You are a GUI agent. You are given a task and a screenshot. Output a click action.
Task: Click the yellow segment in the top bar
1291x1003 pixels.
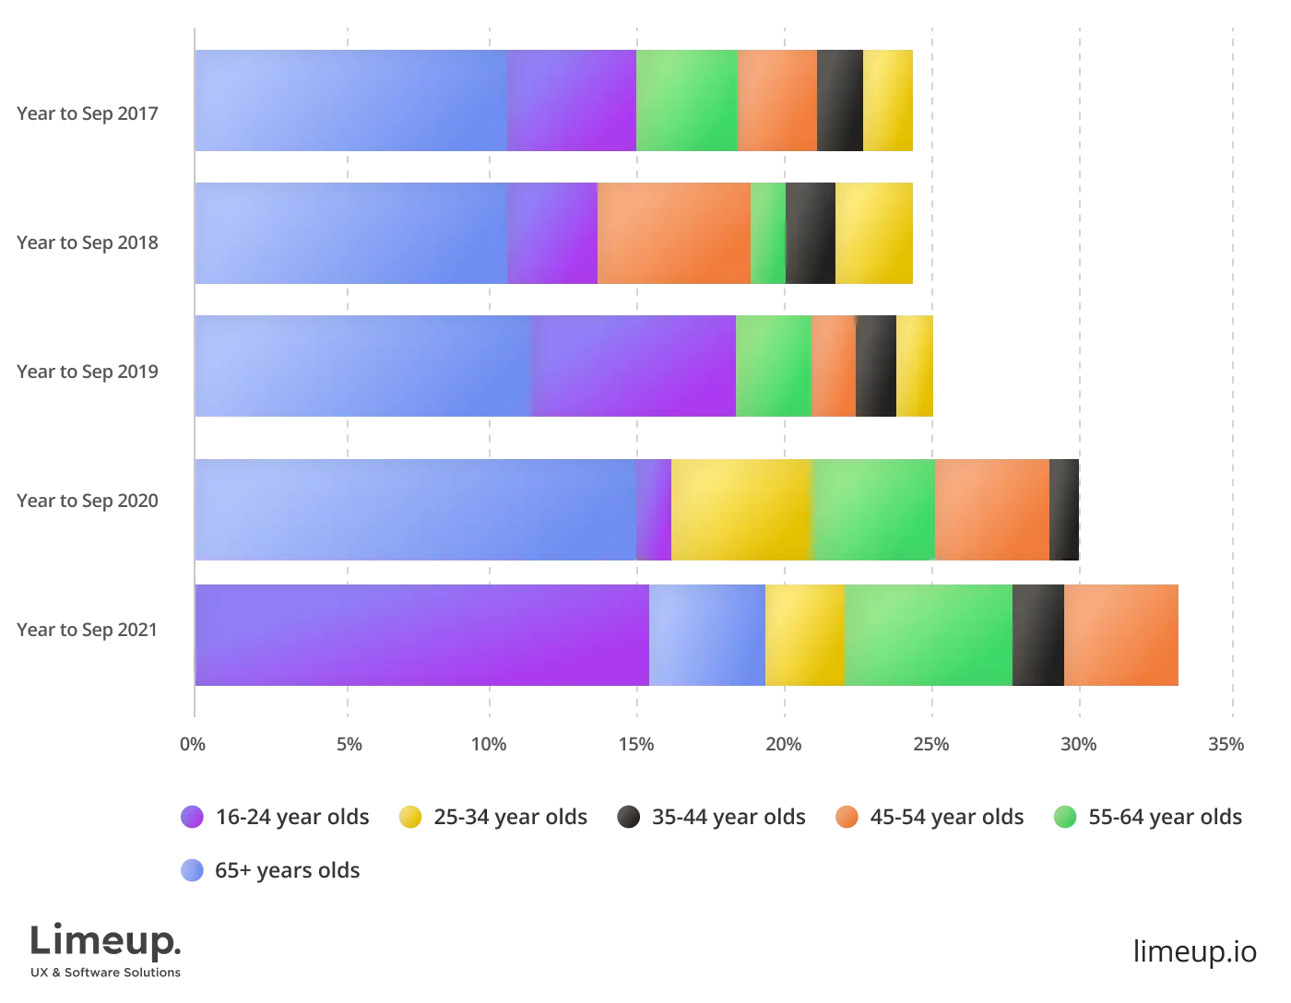(888, 100)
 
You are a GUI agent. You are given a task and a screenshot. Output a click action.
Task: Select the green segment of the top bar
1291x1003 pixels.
(686, 100)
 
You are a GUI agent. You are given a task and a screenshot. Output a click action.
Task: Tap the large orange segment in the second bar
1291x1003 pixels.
(673, 233)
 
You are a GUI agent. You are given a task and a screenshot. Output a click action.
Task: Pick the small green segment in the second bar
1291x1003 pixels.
(767, 233)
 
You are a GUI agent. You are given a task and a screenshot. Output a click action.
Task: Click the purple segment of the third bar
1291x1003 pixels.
(634, 367)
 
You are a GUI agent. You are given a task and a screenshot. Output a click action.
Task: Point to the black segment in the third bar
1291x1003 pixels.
(875, 367)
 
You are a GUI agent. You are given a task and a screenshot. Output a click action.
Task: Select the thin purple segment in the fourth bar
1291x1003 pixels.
(653, 509)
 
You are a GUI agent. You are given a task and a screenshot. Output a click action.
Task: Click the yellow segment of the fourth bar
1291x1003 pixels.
(740, 509)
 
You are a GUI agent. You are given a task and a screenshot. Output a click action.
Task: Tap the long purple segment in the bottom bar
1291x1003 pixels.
(421, 634)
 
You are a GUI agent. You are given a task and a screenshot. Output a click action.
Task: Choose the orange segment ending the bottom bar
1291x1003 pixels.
(1121, 634)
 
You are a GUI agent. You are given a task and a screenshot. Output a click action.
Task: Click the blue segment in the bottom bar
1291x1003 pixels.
(706, 634)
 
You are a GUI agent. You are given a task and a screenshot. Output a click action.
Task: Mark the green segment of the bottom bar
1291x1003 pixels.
(928, 634)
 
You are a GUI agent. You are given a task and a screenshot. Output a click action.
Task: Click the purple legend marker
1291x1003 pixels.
(191, 817)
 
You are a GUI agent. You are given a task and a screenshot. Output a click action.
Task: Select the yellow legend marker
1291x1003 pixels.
(410, 817)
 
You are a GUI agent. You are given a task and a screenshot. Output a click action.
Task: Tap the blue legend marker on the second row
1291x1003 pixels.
(191, 870)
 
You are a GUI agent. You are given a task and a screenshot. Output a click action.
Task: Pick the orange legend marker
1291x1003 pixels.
(847, 817)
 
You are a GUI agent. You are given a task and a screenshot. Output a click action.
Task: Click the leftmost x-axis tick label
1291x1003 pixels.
(195, 741)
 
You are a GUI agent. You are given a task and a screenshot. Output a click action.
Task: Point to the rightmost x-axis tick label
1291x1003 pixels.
(1228, 741)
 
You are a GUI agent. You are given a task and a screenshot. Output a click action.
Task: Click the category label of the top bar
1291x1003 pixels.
(89, 114)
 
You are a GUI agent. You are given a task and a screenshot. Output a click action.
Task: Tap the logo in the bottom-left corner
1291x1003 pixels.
(106, 950)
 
